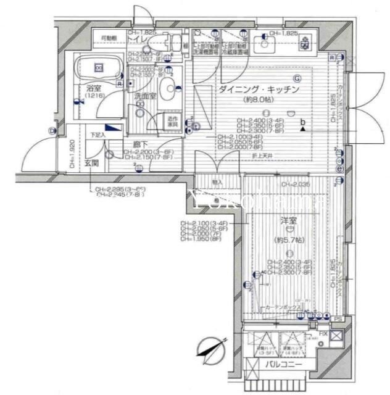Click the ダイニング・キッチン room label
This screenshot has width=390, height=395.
tap(258, 89)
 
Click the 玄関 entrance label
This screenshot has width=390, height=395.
tap(92, 163)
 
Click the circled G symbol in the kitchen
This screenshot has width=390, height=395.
tap(297, 78)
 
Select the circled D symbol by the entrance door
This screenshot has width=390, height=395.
tap(51, 130)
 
